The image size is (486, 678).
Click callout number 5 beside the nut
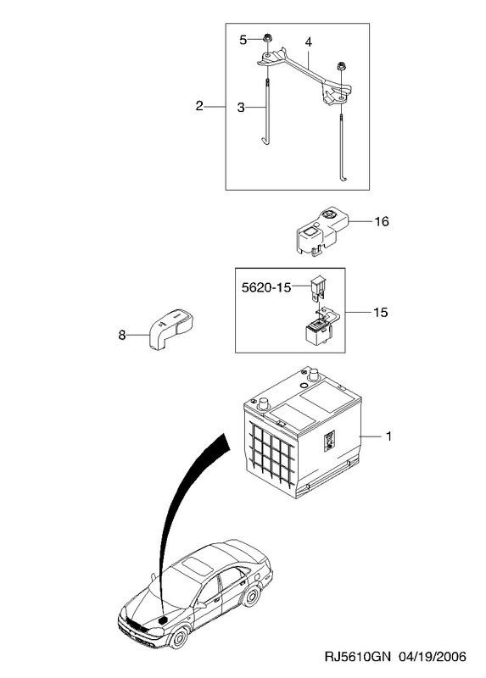tap(243, 40)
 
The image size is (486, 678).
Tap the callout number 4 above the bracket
tap(308, 42)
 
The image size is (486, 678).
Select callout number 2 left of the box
tap(199, 106)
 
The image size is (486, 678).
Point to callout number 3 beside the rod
tap(241, 108)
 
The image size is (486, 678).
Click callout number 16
tap(382, 221)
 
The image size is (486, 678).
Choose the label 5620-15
tap(266, 287)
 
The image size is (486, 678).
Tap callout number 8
tap(122, 335)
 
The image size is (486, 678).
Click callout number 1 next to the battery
tap(388, 436)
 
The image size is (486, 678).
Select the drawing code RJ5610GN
tap(357, 656)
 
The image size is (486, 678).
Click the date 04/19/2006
tap(433, 656)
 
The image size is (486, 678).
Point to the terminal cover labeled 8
tap(171, 330)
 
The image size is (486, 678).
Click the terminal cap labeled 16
tap(322, 231)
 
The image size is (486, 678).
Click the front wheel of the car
tap(178, 637)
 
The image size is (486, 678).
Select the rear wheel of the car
tap(250, 597)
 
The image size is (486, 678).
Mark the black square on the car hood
tap(163, 620)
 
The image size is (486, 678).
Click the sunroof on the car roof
tap(194, 565)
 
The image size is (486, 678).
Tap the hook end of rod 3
tap(265, 140)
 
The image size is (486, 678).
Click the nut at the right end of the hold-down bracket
tap(341, 67)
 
